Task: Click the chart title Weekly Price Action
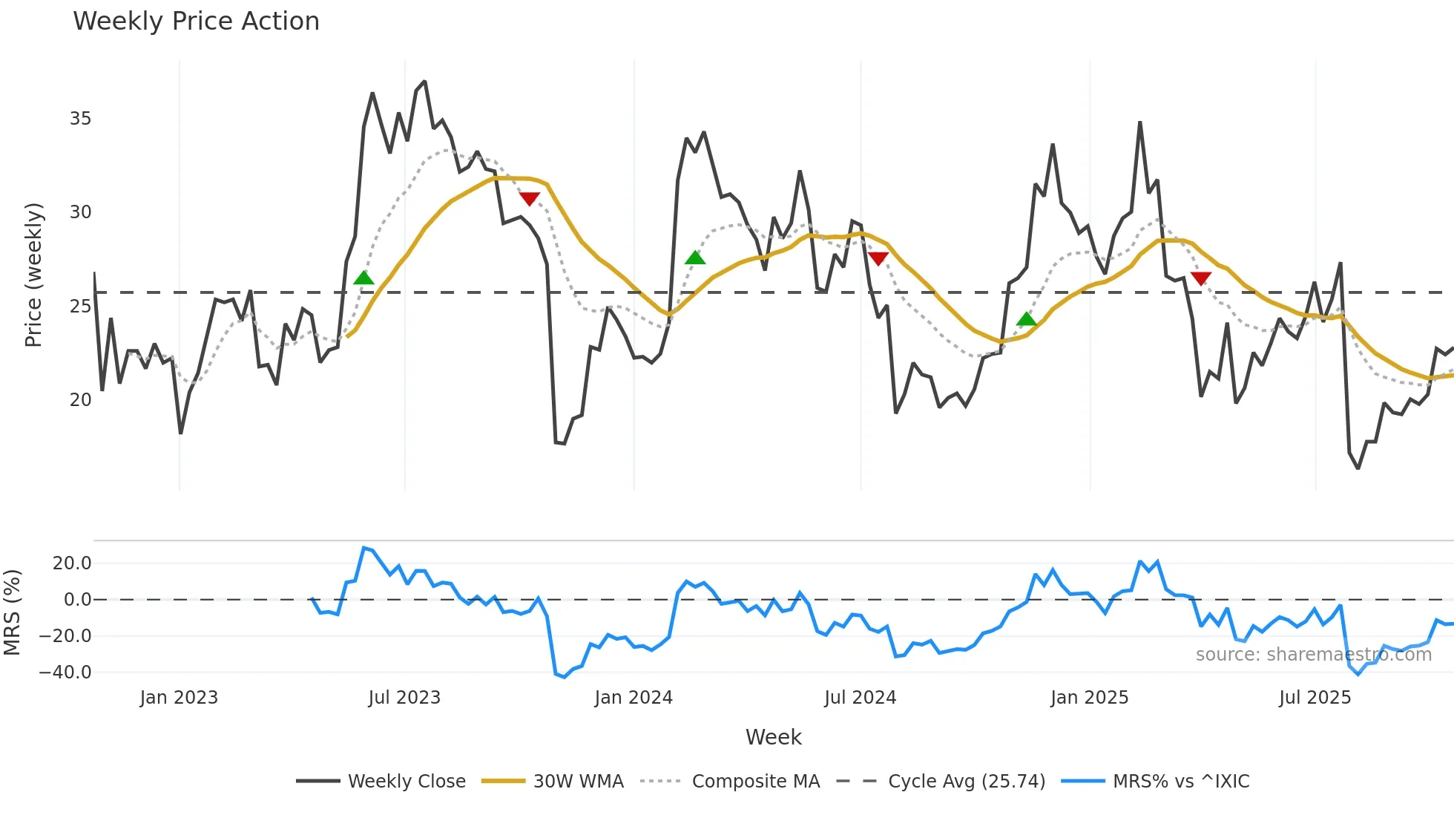point(196,22)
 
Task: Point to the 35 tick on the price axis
point(80,119)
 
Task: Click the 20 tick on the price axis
point(80,400)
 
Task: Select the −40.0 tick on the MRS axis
point(65,673)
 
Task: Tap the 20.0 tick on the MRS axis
point(72,563)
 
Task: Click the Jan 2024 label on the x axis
point(634,698)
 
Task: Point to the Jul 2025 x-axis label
point(1315,698)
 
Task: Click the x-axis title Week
point(773,737)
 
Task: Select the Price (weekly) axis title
point(33,275)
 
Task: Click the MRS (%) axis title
point(12,612)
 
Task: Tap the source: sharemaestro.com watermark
point(1313,655)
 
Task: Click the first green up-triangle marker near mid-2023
point(363,278)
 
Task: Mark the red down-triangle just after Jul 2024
point(878,258)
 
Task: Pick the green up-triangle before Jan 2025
point(1026,319)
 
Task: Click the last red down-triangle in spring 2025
point(1200,278)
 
